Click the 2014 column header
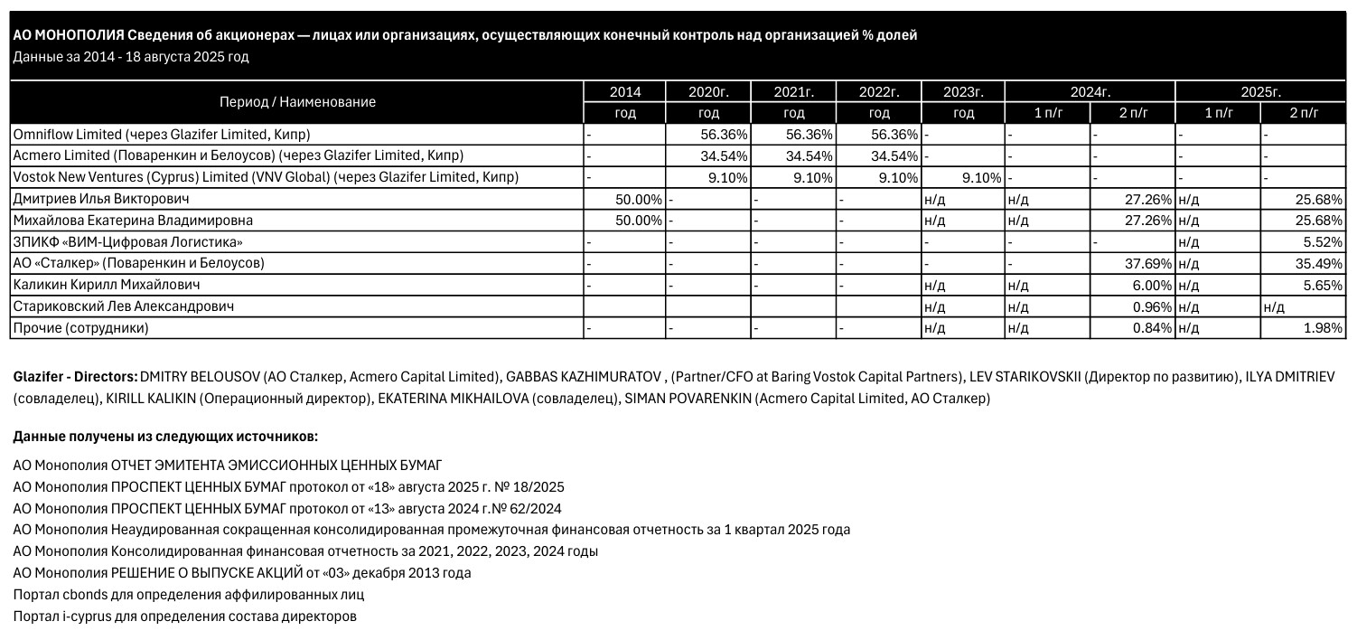point(624,91)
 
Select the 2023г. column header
point(962,91)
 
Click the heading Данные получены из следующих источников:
point(165,437)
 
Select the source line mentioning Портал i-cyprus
point(184,616)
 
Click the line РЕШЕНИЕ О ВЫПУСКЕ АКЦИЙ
point(242,573)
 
